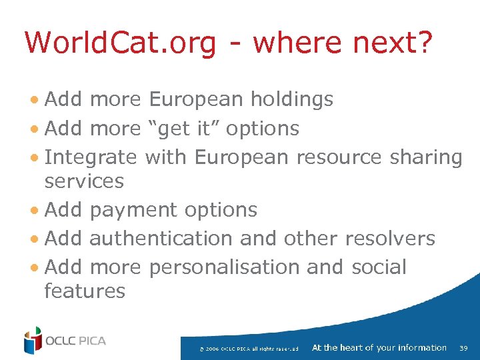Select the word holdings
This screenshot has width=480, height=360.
pyautogui.click(x=291, y=99)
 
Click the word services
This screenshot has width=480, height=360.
pyautogui.click(x=84, y=181)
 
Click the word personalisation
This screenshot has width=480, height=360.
pyautogui.click(x=224, y=267)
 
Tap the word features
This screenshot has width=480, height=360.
pyautogui.click(x=84, y=291)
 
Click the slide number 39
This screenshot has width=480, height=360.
pyautogui.click(x=464, y=348)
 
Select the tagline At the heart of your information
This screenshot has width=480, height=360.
pyautogui.click(x=379, y=347)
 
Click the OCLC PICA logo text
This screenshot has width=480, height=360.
pyautogui.click(x=75, y=341)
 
